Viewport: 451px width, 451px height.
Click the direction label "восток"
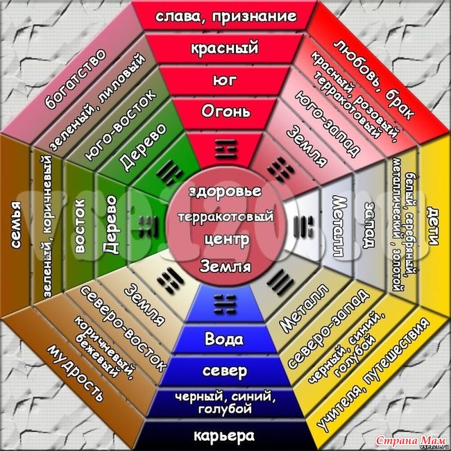[80, 226]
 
